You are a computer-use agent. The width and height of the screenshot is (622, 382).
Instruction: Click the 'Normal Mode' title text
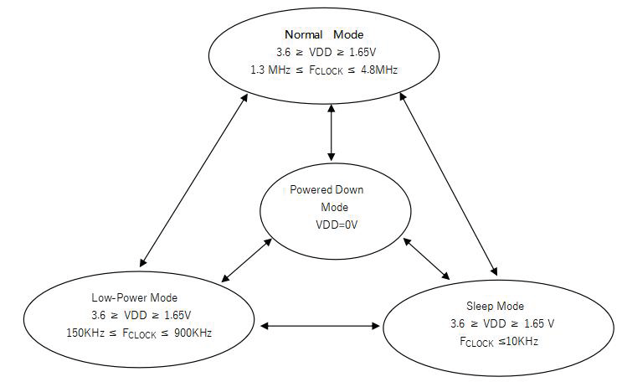click(323, 34)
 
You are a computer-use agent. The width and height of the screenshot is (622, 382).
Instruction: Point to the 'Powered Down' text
click(326, 190)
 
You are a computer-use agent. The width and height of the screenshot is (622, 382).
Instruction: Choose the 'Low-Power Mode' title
click(135, 297)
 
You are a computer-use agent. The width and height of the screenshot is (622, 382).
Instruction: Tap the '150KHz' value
click(85, 333)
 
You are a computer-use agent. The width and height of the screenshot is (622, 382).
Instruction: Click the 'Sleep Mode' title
click(495, 306)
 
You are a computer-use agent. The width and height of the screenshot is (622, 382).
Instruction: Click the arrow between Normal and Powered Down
click(332, 134)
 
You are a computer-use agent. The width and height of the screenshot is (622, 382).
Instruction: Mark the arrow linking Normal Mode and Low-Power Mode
click(193, 180)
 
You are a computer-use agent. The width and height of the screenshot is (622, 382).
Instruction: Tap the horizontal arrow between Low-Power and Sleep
click(319, 323)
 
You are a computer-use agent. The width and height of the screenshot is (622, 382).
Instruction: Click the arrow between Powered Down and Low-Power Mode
click(248, 260)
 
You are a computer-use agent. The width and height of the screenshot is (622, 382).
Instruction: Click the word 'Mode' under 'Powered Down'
click(334, 207)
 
